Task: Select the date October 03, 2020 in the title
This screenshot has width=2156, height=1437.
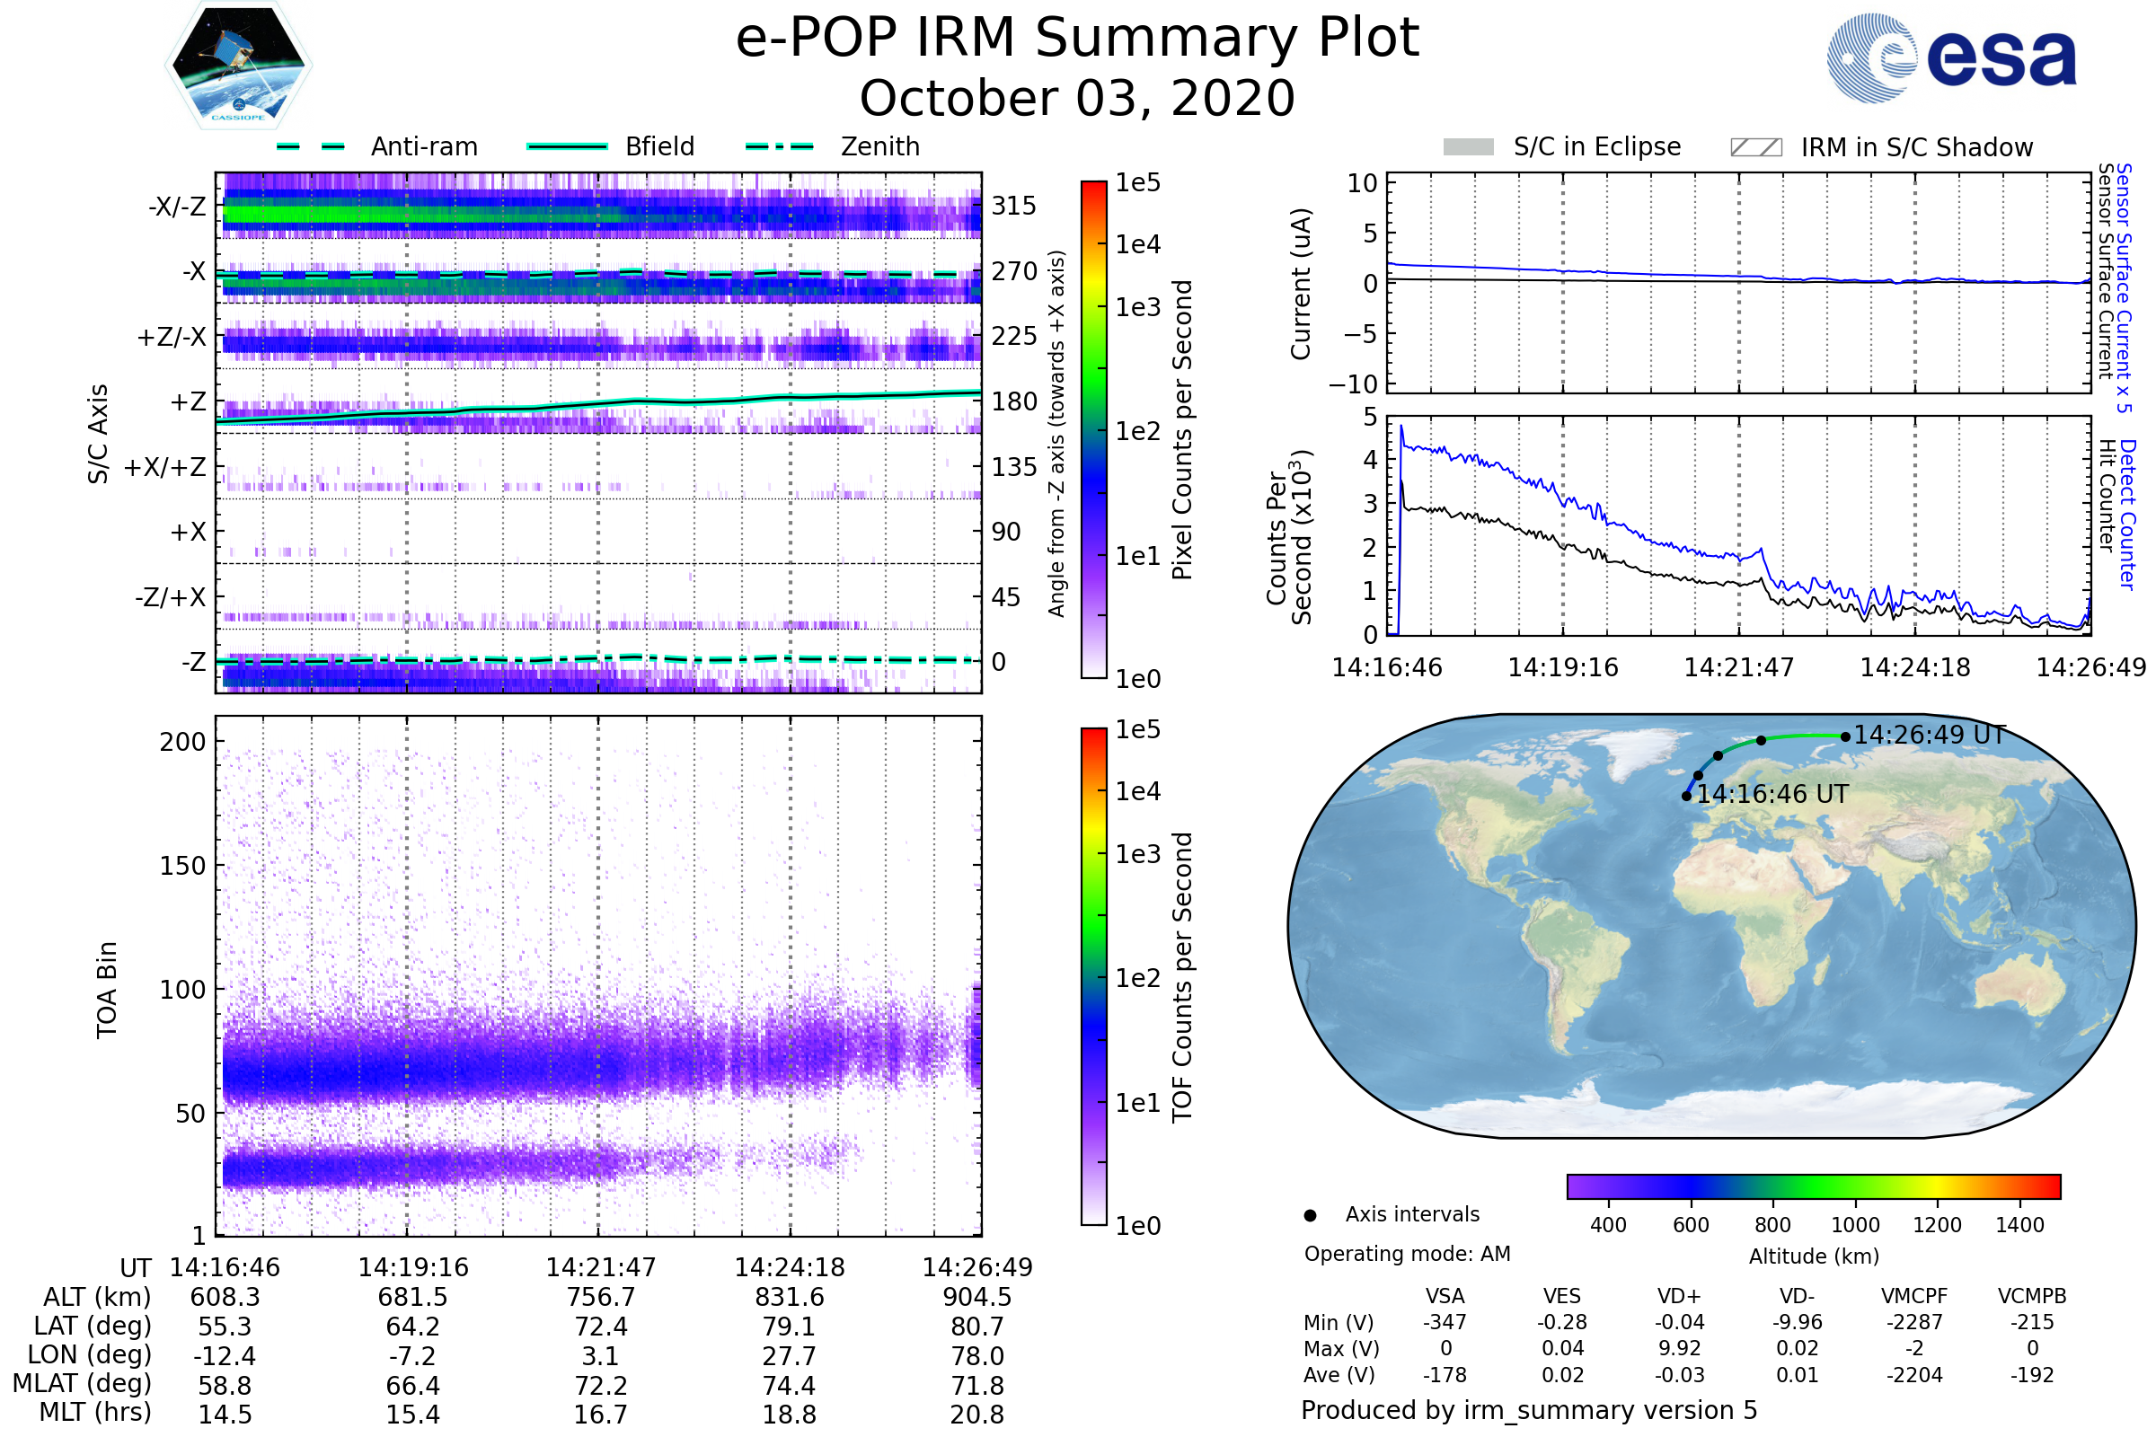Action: click(1077, 99)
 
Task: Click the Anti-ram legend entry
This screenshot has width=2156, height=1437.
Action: click(423, 146)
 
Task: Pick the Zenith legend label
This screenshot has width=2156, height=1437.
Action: click(880, 146)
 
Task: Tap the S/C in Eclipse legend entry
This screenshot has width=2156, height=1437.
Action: click(1596, 146)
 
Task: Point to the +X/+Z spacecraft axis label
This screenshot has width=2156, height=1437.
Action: click(165, 467)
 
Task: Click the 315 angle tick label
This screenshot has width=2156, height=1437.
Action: click(1014, 206)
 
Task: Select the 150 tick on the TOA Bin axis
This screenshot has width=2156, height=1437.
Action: click(182, 866)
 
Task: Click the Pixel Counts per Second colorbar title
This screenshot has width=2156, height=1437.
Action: click(1182, 430)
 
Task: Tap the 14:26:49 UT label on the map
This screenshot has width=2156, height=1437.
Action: click(1929, 735)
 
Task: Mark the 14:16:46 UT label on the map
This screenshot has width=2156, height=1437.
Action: click(1772, 795)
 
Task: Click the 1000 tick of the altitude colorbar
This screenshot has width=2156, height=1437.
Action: click(1855, 1225)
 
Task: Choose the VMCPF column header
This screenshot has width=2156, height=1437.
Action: click(1914, 1296)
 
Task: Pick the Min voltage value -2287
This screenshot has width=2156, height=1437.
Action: click(1914, 1322)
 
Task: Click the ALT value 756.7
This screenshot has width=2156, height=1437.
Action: click(600, 1298)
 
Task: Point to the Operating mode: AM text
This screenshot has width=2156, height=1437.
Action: click(1407, 1254)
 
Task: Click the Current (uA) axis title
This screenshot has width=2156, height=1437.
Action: click(1301, 284)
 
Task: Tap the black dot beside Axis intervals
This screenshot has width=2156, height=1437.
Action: click(1310, 1215)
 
